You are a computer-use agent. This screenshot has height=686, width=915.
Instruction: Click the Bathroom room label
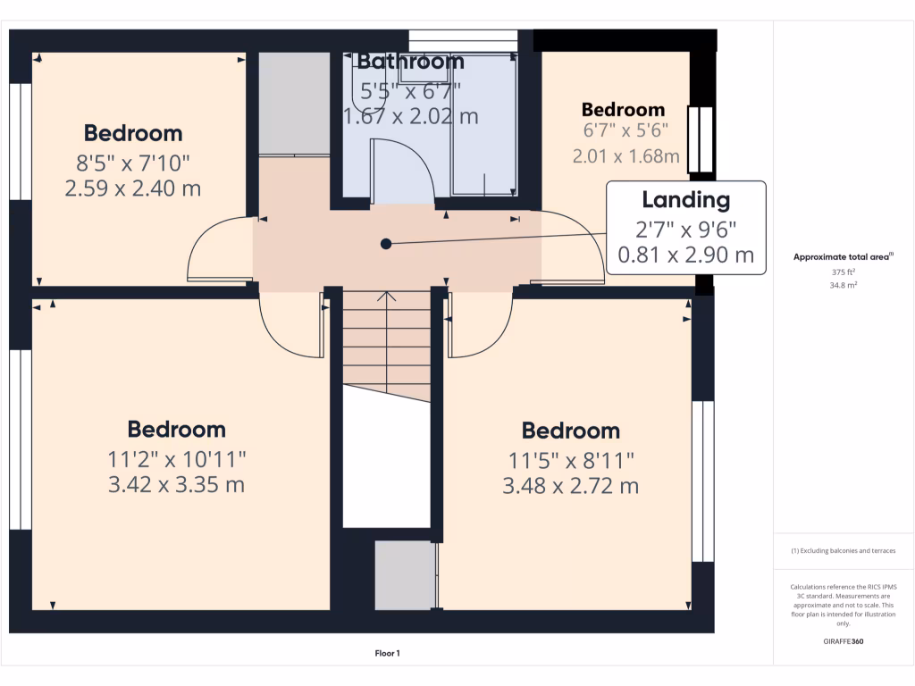pyautogui.click(x=410, y=62)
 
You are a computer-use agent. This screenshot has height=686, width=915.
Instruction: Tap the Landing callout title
pyautogui.click(x=685, y=200)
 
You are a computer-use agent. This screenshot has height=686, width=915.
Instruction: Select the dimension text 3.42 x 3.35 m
pyautogui.click(x=176, y=485)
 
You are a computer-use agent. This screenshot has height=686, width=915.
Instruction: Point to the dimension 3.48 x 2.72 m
pyautogui.click(x=571, y=487)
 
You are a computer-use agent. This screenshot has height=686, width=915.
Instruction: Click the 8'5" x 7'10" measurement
pyautogui.click(x=133, y=163)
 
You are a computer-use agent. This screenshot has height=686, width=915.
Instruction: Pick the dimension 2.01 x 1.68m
pyautogui.click(x=625, y=156)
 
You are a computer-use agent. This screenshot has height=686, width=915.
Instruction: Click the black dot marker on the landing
pyautogui.click(x=386, y=243)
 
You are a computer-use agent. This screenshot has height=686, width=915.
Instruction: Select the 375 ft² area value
pyautogui.click(x=844, y=272)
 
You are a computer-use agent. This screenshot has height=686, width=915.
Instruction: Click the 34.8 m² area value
pyautogui.click(x=844, y=285)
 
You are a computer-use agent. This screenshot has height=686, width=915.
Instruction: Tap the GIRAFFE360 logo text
pyautogui.click(x=844, y=641)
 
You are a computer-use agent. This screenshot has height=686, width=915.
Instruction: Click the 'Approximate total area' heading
pyautogui.click(x=843, y=257)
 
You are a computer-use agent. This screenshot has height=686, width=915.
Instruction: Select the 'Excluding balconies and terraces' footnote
pyautogui.click(x=844, y=551)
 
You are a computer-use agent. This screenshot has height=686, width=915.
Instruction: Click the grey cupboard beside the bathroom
pyautogui.click(x=294, y=103)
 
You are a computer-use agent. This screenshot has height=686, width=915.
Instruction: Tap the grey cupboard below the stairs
pyautogui.click(x=404, y=576)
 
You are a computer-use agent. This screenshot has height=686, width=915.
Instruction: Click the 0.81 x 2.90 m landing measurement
pyautogui.click(x=685, y=255)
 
